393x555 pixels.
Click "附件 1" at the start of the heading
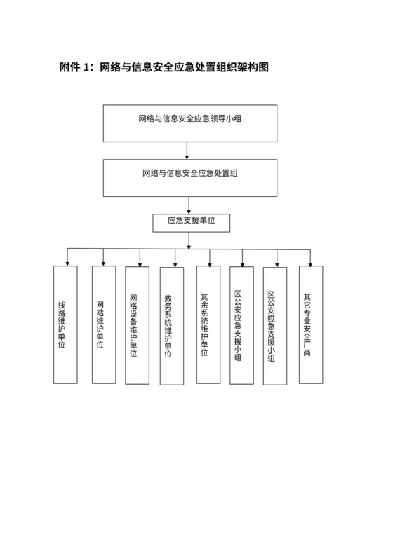[x=76, y=67]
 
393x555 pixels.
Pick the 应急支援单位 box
[x=191, y=222]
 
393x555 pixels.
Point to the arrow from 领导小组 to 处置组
[x=187, y=150]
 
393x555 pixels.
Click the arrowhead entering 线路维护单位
[x=67, y=263]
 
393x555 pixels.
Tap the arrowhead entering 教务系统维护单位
[x=174, y=263]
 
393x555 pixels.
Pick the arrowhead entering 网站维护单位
[x=104, y=263]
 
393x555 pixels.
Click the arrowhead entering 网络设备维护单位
[x=139, y=263]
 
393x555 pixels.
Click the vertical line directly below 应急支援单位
[x=189, y=240]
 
